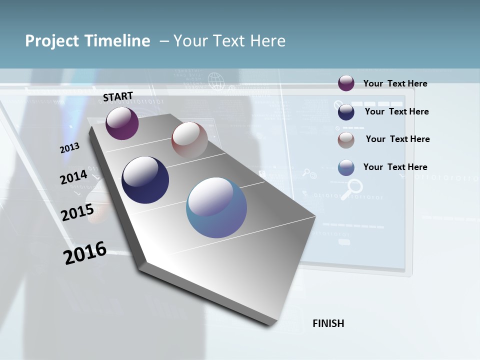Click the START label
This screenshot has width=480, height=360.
click(x=118, y=96)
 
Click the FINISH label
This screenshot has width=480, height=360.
click(x=328, y=323)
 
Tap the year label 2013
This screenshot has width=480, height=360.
click(x=69, y=148)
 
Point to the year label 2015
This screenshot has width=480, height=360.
click(x=77, y=212)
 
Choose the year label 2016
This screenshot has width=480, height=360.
click(x=85, y=253)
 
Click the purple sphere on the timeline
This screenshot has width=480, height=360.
click(x=122, y=123)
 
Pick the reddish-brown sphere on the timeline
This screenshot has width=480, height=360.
click(x=189, y=139)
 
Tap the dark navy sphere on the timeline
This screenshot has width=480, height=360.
click(x=145, y=180)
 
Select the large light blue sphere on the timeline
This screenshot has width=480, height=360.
click(x=216, y=207)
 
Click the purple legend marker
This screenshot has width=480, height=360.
click(x=346, y=83)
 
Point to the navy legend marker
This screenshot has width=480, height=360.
click(x=346, y=112)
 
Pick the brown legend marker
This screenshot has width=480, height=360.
click(x=346, y=140)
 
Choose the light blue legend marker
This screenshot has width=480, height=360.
click(x=346, y=167)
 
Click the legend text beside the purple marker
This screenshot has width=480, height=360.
click(x=395, y=83)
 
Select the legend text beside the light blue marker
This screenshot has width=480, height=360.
click(x=395, y=167)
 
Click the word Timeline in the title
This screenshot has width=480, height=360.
click(x=117, y=41)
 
